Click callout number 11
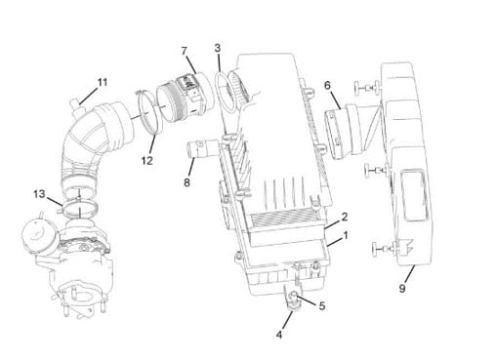(103, 82)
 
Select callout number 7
(185, 51)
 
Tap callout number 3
(218, 48)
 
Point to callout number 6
(327, 85)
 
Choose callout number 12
(147, 160)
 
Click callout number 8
(186, 182)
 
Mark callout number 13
(39, 194)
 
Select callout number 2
(345, 217)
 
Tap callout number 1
(346, 235)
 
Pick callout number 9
(402, 288)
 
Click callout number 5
(322, 306)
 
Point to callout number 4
(279, 335)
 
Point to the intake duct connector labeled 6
(345, 130)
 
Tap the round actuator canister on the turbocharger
(36, 236)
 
